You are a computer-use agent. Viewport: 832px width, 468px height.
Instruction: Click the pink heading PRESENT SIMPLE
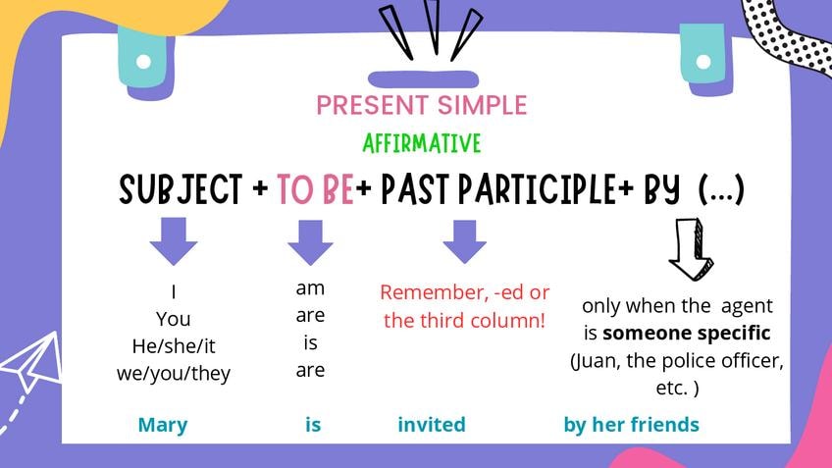[x=421, y=105]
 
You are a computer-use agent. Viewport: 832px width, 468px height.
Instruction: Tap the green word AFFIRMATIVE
[x=422, y=143]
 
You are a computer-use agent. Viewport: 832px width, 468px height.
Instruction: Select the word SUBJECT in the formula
[x=181, y=189]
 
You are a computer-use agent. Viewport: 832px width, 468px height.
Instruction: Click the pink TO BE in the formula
[x=315, y=189]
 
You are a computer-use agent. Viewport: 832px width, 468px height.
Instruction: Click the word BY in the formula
[x=661, y=189]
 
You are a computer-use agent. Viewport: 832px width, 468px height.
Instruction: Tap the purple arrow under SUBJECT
[x=174, y=241]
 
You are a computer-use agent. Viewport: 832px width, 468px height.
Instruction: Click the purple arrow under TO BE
[x=310, y=243]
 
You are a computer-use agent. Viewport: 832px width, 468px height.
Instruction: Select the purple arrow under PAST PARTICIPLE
[x=465, y=242]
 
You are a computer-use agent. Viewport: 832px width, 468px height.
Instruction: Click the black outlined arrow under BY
[x=692, y=249]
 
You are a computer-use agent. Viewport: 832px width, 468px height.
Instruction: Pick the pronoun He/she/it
[x=174, y=346]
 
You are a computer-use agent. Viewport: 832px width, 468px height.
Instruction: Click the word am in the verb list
[x=310, y=288]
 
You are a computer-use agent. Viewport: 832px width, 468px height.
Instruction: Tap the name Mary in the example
[x=163, y=425]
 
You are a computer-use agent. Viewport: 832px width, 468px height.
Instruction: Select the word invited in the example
[x=432, y=425]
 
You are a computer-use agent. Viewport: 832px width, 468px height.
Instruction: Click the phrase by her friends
[x=632, y=425]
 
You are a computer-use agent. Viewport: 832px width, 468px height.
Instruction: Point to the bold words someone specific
[x=687, y=334]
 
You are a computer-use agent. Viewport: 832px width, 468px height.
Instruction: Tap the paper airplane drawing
[x=30, y=362]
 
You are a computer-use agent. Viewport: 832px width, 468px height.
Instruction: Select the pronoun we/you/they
[x=174, y=374]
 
